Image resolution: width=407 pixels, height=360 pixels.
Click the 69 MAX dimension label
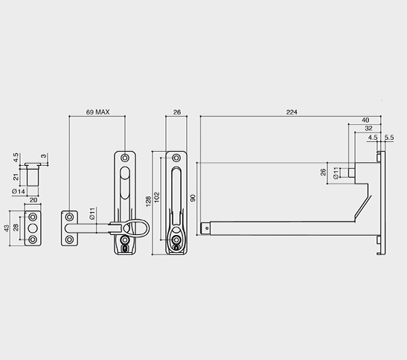(x=98, y=112)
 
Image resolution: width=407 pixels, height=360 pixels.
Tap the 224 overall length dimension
(x=292, y=112)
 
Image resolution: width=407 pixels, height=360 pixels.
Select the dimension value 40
(x=365, y=120)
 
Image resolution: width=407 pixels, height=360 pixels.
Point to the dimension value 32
(x=368, y=128)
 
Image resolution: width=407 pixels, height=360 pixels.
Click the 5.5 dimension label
(x=389, y=138)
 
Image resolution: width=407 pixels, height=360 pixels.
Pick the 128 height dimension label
(x=148, y=202)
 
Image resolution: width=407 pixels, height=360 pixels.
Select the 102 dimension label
(x=156, y=198)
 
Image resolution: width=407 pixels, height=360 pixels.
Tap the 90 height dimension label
(x=193, y=198)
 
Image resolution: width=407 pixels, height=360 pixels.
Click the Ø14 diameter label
(x=19, y=192)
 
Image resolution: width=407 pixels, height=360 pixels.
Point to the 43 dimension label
(x=7, y=228)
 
